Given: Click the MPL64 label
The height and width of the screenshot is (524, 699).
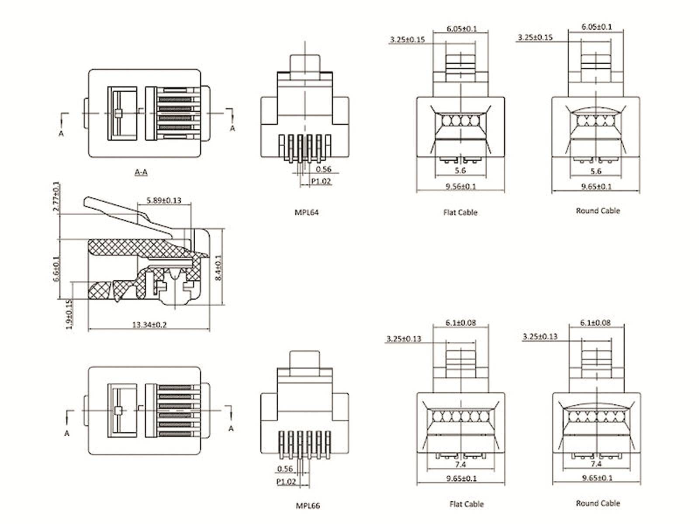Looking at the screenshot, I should tap(306, 213).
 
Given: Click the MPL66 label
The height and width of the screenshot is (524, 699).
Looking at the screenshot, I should tap(308, 506).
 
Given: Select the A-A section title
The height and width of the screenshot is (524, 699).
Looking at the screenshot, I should tap(141, 172).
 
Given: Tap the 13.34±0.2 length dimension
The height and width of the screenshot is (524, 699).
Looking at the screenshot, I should tap(149, 325).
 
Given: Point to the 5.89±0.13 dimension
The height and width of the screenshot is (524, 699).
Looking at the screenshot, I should tap(164, 200).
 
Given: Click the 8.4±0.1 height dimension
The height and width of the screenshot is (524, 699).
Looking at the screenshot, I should tap(218, 267).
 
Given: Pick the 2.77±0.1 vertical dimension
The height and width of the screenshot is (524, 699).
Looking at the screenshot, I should tap(56, 196).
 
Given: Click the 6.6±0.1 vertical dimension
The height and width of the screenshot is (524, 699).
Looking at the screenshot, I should tap(56, 269).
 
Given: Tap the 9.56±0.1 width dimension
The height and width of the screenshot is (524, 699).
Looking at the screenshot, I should tap(460, 186).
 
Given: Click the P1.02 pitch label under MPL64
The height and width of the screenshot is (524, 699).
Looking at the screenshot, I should tap(321, 181).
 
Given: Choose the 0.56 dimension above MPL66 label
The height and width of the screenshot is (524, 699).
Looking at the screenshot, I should tap(285, 469).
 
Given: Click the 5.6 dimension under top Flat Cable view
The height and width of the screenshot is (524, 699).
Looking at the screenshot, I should tap(460, 171).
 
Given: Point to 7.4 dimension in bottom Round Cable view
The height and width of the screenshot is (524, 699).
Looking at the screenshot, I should tap(596, 464).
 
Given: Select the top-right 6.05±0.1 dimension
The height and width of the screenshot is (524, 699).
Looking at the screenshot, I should tap(596, 27).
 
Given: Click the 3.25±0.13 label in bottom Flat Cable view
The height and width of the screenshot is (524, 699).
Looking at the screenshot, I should tap(404, 339).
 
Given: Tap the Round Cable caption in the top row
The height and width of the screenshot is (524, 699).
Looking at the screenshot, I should tap(598, 211).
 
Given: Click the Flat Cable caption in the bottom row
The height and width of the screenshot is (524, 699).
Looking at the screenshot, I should tap(466, 504).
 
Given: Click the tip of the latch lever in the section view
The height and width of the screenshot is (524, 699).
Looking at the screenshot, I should tap(86, 202).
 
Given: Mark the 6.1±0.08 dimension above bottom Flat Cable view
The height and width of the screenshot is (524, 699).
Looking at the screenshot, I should tap(460, 323).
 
